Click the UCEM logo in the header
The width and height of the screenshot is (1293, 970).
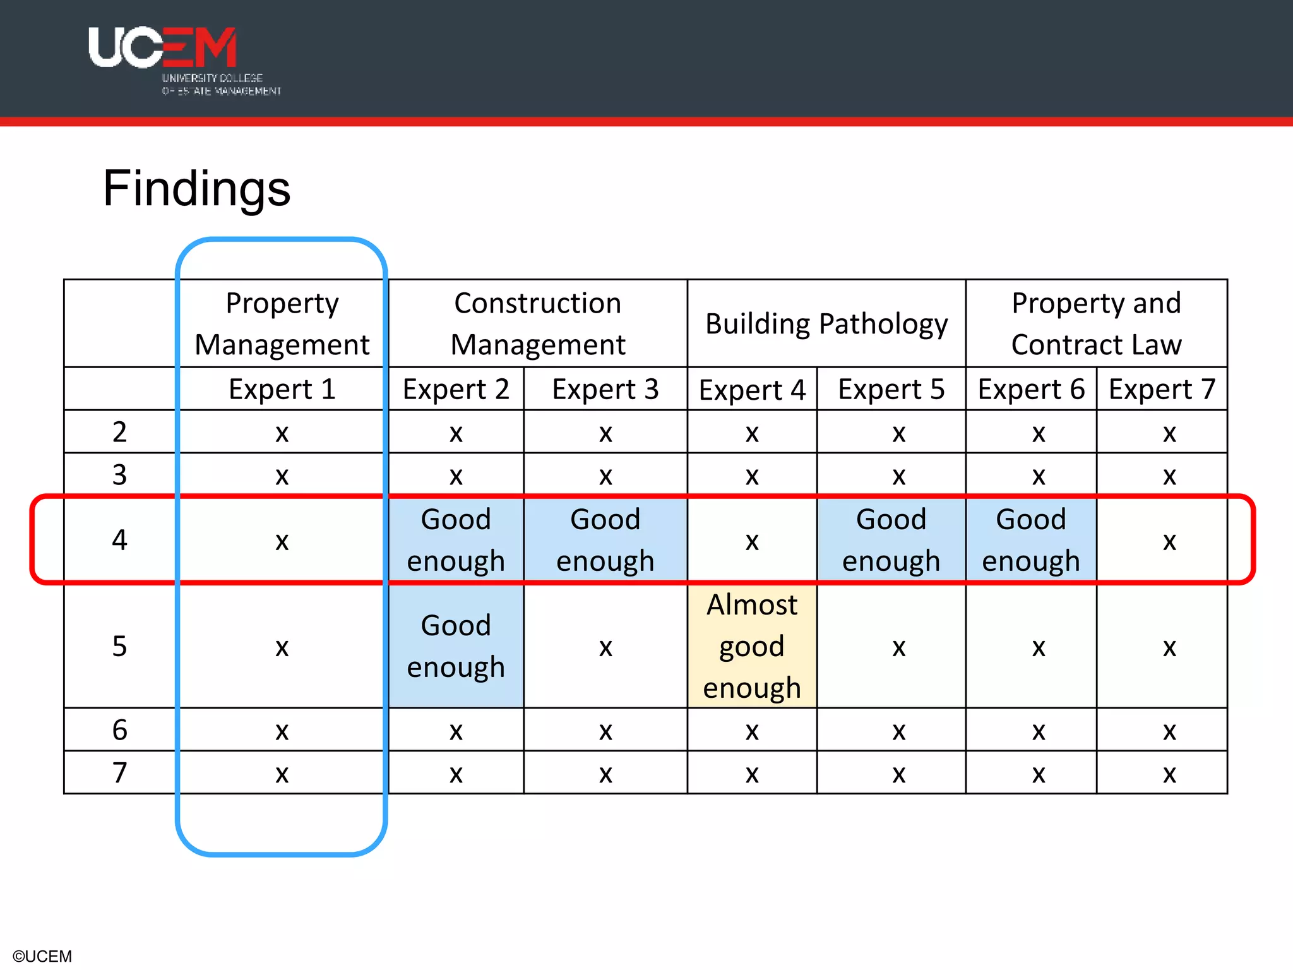point(183,60)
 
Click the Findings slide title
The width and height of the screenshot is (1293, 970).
point(196,188)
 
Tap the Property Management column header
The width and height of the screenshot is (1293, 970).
point(282,323)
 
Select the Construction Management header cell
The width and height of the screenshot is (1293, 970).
point(538,323)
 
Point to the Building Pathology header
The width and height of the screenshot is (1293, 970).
point(826,323)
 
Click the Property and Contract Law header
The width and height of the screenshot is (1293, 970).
point(1096,323)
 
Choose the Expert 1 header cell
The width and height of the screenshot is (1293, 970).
point(282,389)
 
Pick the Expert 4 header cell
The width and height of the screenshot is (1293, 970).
point(752,390)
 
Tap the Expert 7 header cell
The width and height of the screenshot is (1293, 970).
point(1162,389)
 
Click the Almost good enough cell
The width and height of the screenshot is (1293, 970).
point(752,646)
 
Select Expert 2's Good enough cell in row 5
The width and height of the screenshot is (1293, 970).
point(456,646)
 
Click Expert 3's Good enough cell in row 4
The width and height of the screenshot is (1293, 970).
point(605,540)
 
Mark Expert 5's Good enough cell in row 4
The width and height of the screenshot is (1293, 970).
point(891,540)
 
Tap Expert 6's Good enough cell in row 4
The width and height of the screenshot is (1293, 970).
point(1031,540)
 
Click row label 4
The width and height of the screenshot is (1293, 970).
point(119,540)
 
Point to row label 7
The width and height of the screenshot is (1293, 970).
point(119,772)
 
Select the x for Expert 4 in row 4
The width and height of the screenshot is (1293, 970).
point(752,542)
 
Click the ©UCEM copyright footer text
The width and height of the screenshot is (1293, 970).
point(42,956)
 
